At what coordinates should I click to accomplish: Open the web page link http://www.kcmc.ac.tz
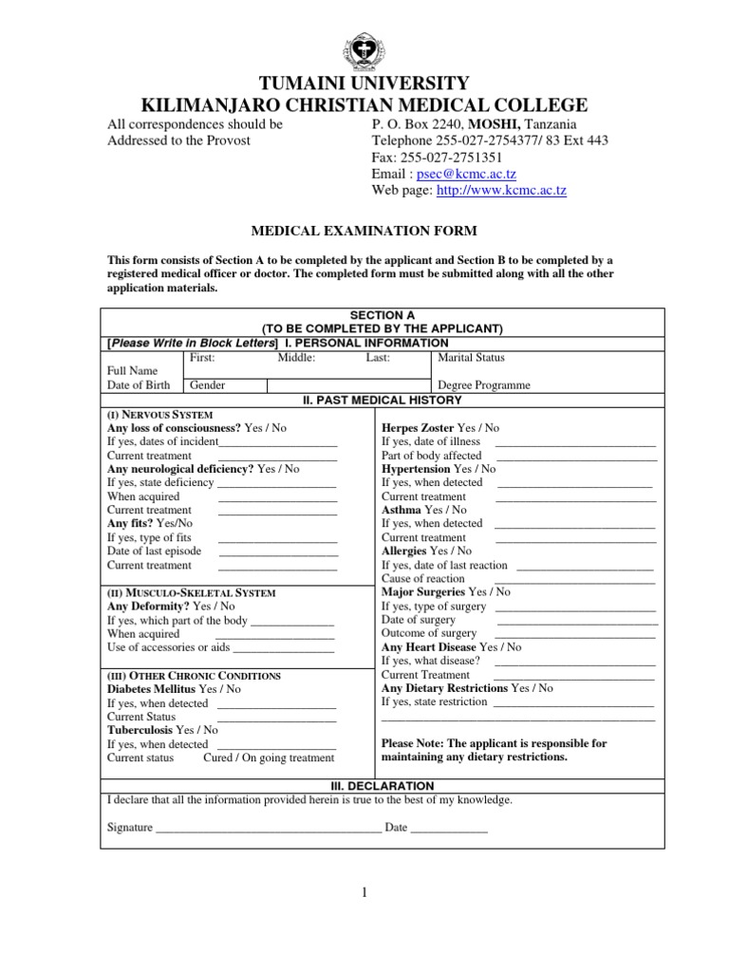(x=501, y=191)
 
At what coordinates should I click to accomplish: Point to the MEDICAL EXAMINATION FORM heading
(x=364, y=231)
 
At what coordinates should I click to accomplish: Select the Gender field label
(x=208, y=385)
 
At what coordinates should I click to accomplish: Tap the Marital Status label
(x=471, y=358)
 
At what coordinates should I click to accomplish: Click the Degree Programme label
(x=483, y=385)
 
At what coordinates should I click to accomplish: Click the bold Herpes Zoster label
(x=418, y=428)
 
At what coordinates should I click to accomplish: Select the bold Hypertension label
(x=416, y=469)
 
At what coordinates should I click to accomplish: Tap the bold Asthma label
(x=401, y=510)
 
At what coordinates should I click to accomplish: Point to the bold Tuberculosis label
(x=140, y=730)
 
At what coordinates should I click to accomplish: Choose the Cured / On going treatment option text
(x=269, y=757)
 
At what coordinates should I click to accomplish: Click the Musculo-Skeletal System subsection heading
(x=191, y=592)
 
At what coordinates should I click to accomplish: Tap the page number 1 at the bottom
(x=364, y=892)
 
